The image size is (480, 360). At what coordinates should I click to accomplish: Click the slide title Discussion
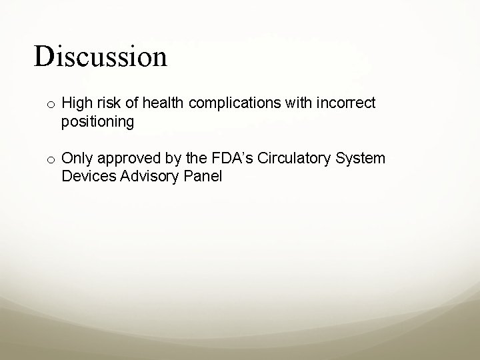coord(101,57)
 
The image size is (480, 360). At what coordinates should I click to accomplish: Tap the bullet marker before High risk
coord(51,104)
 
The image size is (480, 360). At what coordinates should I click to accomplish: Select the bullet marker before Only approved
coord(51,159)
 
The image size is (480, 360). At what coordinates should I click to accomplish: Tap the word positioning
coord(97,123)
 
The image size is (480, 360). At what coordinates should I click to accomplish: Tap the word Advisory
coord(143,177)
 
